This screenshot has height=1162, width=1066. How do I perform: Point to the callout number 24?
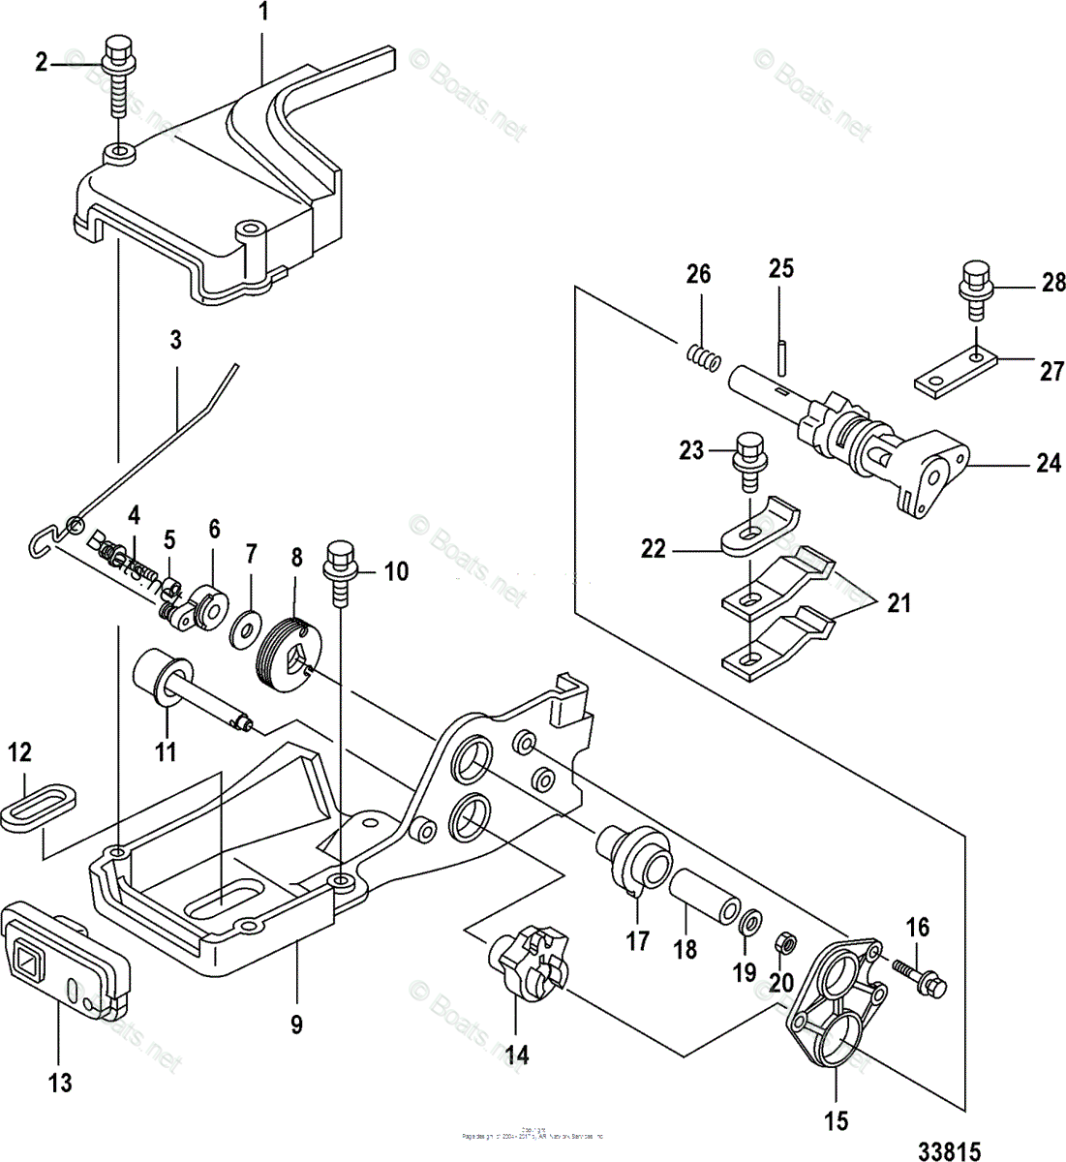pyautogui.click(x=1049, y=464)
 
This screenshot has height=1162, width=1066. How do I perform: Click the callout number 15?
pyautogui.click(x=836, y=1121)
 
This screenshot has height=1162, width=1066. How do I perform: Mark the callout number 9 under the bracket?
pyautogui.click(x=298, y=1023)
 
